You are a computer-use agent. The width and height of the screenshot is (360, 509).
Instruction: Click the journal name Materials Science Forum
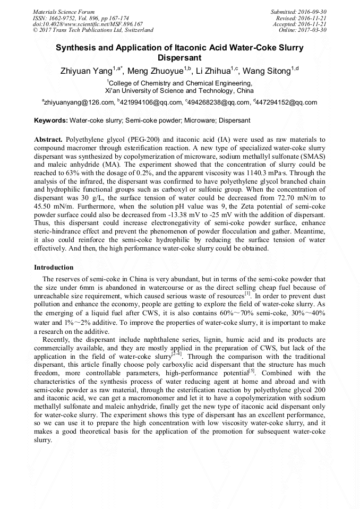coord(64,11)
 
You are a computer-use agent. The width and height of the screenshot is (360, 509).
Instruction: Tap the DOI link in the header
coord(88,24)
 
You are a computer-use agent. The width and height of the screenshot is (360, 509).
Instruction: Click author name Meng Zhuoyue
coord(156,71)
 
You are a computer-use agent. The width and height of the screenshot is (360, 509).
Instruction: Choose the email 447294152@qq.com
coord(287,103)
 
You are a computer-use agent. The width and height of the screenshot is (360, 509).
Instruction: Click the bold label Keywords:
coord(51,121)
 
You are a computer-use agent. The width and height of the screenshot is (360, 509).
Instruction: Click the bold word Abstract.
coord(48,139)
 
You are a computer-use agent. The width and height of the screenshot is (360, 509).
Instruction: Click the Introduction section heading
coord(54,267)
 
